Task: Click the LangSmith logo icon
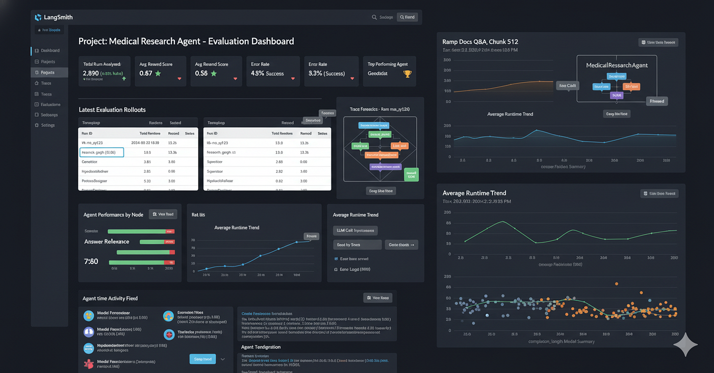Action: [x=38, y=17]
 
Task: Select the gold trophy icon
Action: [x=407, y=74]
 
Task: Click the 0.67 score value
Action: [x=146, y=73]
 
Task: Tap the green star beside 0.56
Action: [x=214, y=73]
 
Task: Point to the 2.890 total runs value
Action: [x=90, y=73]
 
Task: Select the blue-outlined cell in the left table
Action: [x=102, y=152]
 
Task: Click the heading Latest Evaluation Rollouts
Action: [x=112, y=110]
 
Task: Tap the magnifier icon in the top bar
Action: [x=375, y=17]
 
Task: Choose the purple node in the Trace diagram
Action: [x=378, y=167]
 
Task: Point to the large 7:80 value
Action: [x=91, y=261]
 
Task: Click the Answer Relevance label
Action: [x=107, y=242]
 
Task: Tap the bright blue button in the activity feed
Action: [x=202, y=359]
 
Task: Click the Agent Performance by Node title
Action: [x=113, y=215]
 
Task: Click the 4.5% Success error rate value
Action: [x=267, y=73]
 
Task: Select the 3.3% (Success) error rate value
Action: [x=326, y=73]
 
